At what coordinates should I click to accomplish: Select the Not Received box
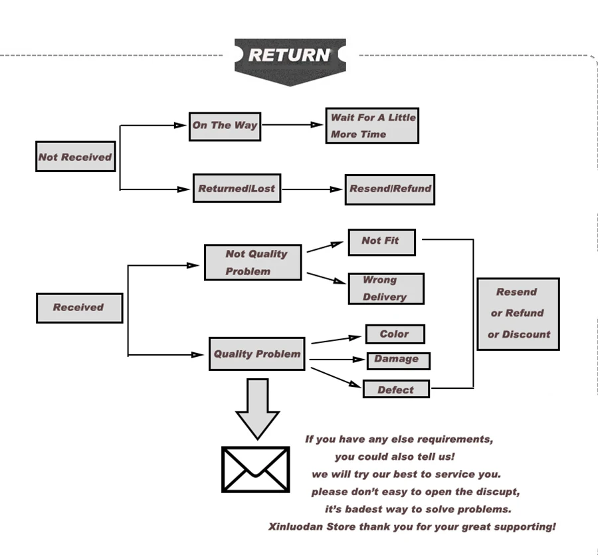76,156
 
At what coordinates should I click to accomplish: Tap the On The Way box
225,127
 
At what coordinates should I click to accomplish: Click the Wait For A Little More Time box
372,126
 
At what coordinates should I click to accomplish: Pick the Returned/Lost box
237,188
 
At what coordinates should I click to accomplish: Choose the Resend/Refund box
390,189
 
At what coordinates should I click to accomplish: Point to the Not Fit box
382,242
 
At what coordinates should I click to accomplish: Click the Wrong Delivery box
386,288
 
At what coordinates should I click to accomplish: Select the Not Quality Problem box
253,263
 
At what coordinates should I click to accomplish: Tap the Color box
395,334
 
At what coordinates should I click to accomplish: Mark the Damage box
399,361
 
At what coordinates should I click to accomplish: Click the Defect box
396,389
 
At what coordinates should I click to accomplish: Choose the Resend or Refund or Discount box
518,314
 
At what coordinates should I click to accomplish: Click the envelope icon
256,469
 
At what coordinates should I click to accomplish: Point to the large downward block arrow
257,409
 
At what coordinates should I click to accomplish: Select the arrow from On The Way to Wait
292,125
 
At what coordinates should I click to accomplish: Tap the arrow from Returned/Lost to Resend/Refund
312,189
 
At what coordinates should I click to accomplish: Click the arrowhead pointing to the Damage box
359,360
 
